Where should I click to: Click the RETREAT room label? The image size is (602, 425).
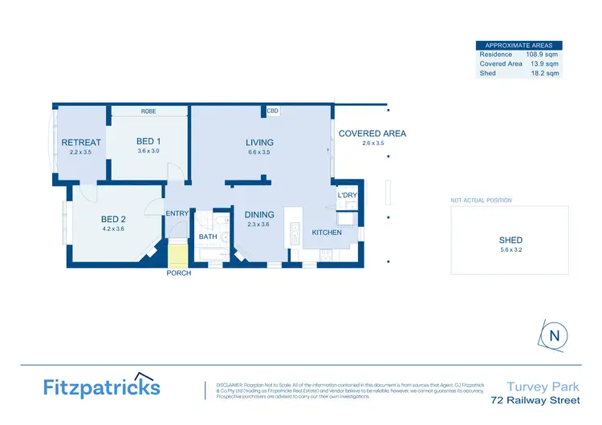click(81, 143)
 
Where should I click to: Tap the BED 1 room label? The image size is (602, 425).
click(148, 141)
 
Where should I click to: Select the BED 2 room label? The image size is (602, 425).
click(113, 219)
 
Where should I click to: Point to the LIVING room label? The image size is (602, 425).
click(259, 143)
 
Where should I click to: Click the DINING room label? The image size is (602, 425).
click(259, 214)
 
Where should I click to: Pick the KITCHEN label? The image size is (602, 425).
click(327, 233)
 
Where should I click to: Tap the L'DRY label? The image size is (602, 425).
click(347, 196)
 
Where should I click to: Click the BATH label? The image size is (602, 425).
click(208, 237)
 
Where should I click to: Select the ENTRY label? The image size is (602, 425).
click(177, 213)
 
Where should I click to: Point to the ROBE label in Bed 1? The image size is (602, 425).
click(148, 111)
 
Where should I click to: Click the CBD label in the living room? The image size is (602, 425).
click(273, 111)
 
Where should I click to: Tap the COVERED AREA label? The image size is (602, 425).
click(372, 134)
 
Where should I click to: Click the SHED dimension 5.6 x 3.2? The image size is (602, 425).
click(510, 250)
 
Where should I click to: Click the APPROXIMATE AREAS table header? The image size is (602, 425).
click(519, 46)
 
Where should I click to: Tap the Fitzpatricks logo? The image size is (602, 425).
click(101, 387)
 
